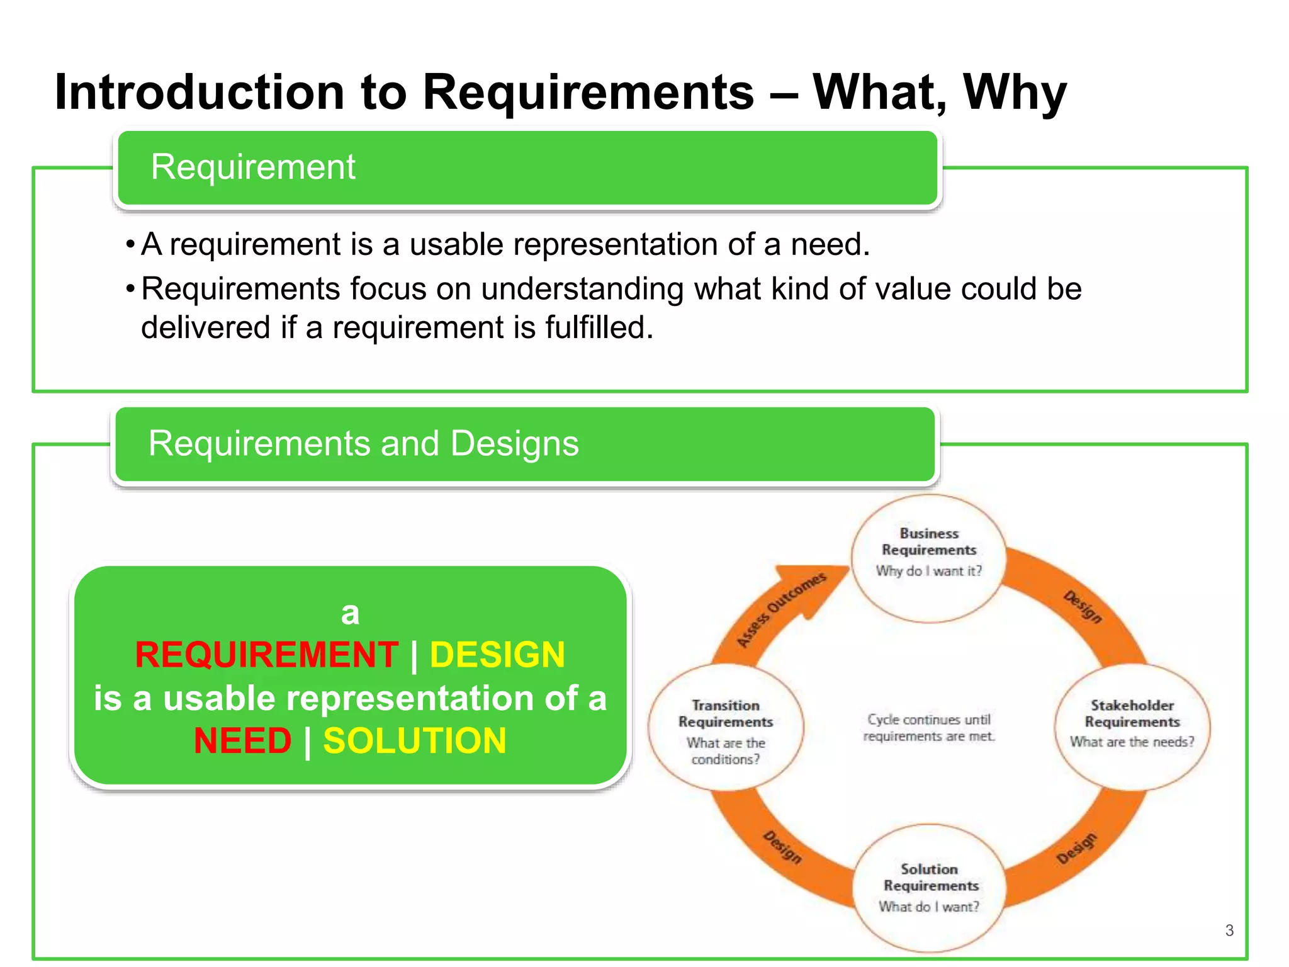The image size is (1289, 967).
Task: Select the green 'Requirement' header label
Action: pyautogui.click(x=253, y=167)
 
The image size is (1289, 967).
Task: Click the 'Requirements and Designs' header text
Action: pyautogui.click(x=363, y=444)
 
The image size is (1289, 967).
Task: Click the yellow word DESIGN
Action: pyautogui.click(x=497, y=655)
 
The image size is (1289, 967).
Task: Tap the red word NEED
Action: pyautogui.click(x=243, y=741)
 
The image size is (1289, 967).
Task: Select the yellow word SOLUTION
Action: pyautogui.click(x=415, y=741)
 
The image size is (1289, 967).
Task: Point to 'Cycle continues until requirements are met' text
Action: pyautogui.click(x=929, y=728)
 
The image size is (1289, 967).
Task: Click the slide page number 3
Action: pyautogui.click(x=1229, y=930)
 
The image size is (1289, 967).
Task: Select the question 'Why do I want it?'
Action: pyautogui.click(x=928, y=571)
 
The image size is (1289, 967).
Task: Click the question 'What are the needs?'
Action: pyautogui.click(x=1132, y=742)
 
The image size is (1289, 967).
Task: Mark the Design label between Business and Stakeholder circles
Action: pyautogui.click(x=1083, y=607)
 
